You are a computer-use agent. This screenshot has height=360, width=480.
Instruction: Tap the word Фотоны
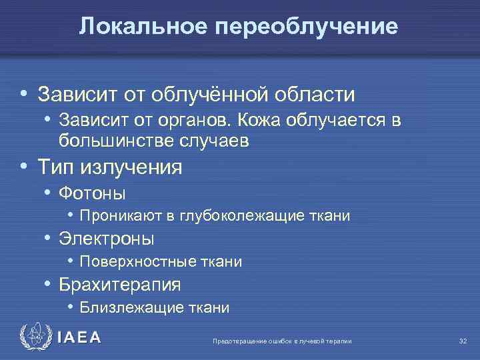pos(92,193)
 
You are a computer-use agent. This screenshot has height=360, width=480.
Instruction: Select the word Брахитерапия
pos(120,285)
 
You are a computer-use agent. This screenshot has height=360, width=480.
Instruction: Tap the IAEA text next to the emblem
pos(79,338)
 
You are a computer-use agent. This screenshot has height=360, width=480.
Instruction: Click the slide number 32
pos(463,341)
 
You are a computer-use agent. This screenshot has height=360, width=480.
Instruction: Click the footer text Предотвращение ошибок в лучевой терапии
pos(281,341)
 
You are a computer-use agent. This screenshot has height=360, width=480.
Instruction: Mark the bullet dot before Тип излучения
pos(24,166)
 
